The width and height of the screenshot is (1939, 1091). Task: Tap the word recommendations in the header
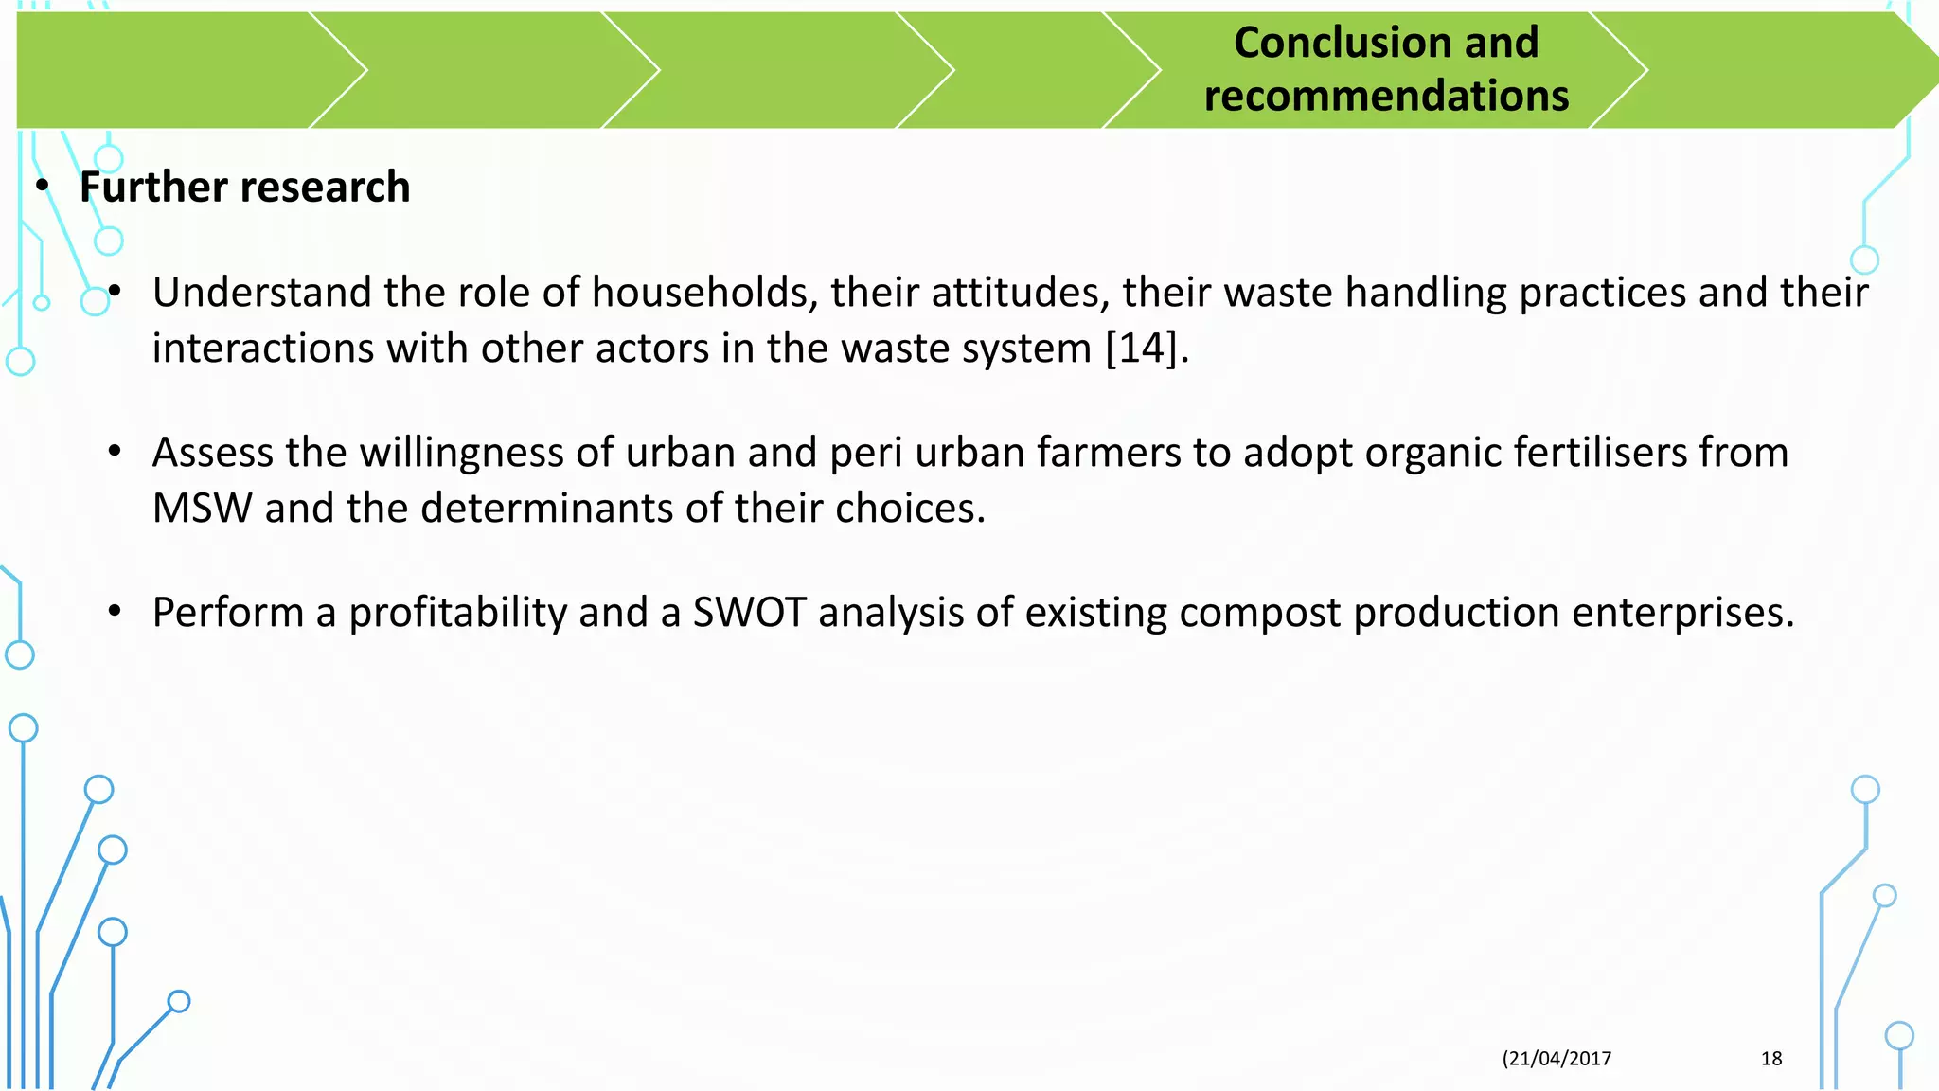click(1386, 97)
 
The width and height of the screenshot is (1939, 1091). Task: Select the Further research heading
click(244, 188)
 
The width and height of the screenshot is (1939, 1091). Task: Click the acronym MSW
click(202, 509)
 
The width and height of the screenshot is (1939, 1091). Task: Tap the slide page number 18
click(1770, 1059)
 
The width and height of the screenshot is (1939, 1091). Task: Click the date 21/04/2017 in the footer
click(1558, 1059)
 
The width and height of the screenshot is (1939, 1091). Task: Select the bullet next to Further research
click(42, 188)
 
